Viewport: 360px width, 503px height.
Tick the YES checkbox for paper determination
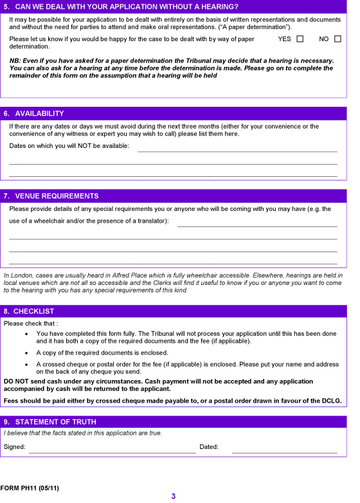coord(300,39)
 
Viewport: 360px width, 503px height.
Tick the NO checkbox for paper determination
coord(337,39)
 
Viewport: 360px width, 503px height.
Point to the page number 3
coord(174,496)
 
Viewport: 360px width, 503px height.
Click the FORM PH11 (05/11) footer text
coord(30,488)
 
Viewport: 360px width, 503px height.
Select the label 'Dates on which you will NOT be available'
coord(69,146)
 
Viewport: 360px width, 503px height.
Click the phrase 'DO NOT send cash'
coord(32,381)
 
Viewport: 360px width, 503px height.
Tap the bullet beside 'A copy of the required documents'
coord(26,353)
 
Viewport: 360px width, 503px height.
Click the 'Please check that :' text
coord(30,324)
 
